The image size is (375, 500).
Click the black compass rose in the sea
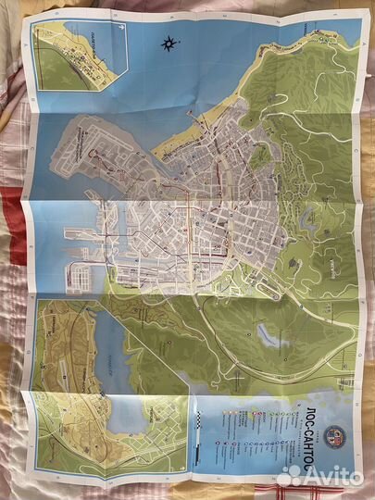pos(169,42)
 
